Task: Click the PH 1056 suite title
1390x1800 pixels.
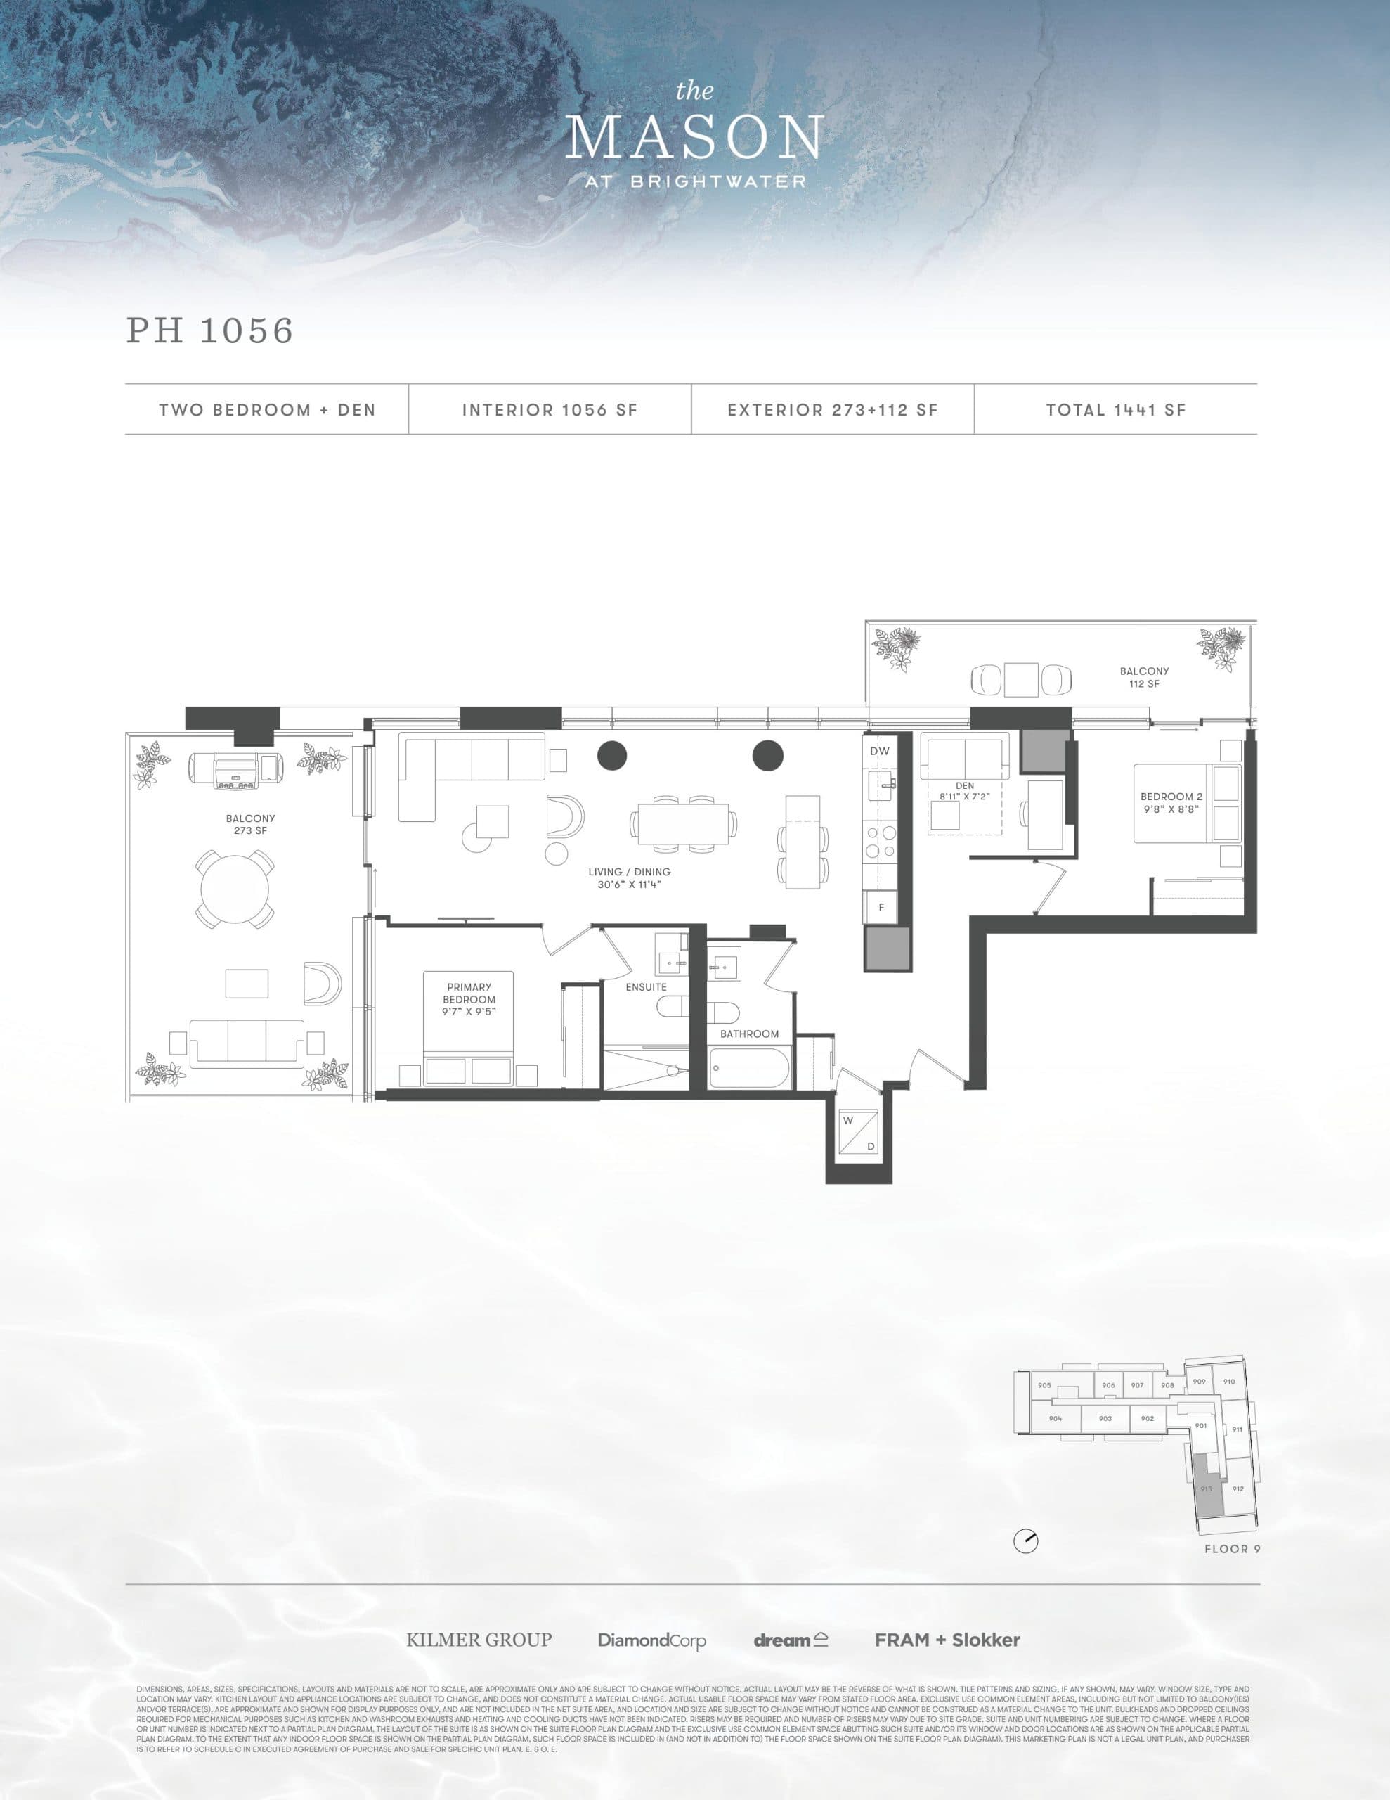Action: coord(210,330)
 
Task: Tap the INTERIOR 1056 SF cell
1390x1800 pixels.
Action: coord(550,410)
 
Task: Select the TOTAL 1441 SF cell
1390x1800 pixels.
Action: coord(1116,410)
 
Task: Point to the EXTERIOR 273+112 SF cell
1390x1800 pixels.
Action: coord(832,410)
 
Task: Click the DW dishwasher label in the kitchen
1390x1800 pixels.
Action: coord(879,751)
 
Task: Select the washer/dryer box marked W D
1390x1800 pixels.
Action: coord(859,1133)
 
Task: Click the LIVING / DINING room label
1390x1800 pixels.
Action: coord(630,877)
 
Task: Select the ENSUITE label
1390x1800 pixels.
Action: coord(646,986)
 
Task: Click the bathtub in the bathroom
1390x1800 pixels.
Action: coord(749,1068)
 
